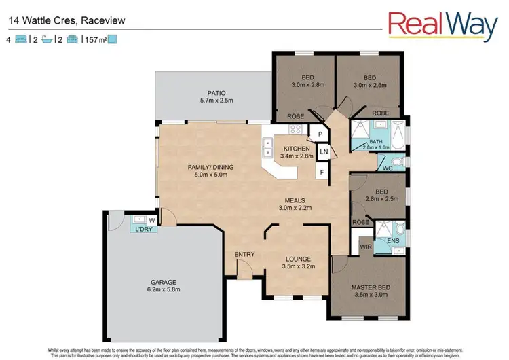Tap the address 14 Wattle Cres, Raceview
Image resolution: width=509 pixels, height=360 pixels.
coord(67,21)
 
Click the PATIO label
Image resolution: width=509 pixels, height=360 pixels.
coord(216,93)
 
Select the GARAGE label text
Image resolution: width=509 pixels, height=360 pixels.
coord(164,281)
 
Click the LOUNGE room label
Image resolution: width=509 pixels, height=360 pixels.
coord(297,259)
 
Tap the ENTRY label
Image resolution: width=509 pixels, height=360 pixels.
coord(244,255)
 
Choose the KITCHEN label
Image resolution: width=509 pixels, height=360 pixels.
coord(297,149)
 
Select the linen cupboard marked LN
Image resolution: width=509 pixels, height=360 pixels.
coord(324,151)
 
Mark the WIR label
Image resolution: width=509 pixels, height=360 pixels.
coord(364,247)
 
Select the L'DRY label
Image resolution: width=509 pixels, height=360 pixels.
coord(143,229)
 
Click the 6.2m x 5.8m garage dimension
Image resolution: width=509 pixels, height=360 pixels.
coord(164,290)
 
